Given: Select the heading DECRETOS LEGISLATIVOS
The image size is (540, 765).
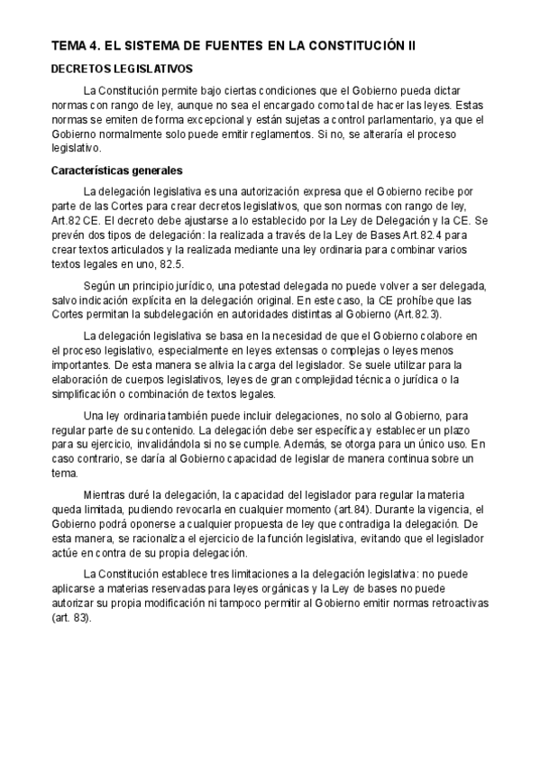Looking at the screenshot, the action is (x=122, y=69).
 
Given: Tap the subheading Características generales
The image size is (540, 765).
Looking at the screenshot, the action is (x=117, y=170).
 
